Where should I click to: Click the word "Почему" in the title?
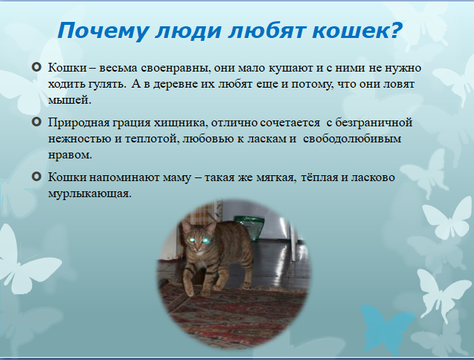coord(103,31)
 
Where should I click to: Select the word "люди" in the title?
coord(188,31)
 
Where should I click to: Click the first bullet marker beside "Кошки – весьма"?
coord(37,66)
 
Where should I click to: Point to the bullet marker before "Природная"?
coord(37,122)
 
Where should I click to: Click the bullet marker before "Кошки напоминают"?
coord(37,177)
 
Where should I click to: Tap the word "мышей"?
coord(69,100)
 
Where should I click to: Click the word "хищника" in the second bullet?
coord(180,123)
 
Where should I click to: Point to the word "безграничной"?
coord(374,123)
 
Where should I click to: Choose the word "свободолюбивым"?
coord(352,139)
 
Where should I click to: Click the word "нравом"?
coord(70,156)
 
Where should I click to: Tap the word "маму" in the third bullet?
coord(177,178)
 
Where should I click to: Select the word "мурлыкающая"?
coord(90,194)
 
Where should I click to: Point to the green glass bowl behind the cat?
coord(249,227)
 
